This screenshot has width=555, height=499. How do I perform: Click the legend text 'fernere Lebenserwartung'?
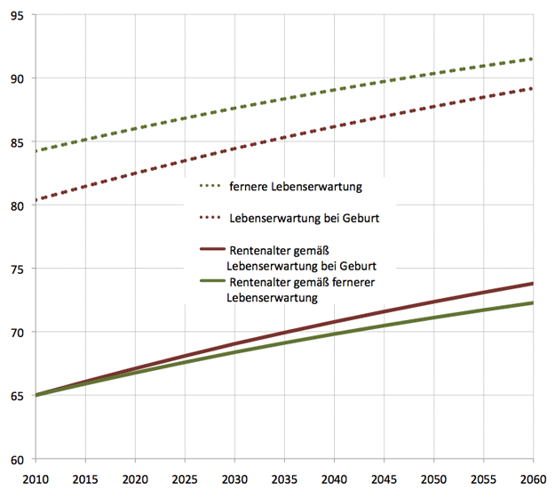(x=294, y=188)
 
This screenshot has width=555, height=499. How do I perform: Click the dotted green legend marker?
(x=210, y=188)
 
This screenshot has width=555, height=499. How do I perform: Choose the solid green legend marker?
(x=211, y=283)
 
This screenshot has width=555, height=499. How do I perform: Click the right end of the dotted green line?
(x=533, y=59)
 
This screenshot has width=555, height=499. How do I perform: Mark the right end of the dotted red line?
(x=533, y=88)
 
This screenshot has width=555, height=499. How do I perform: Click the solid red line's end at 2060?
(x=533, y=284)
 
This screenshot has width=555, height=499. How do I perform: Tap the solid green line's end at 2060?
(x=533, y=302)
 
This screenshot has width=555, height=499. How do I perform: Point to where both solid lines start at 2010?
(x=36, y=395)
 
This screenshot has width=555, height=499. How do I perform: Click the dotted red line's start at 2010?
(x=36, y=200)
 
